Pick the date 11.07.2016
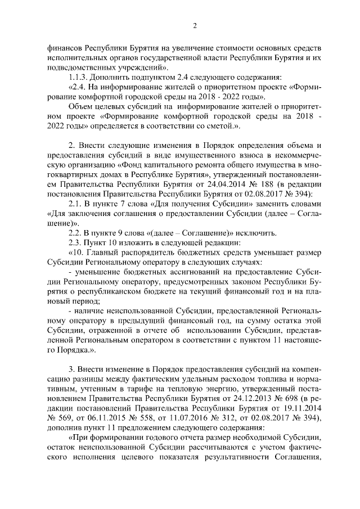point(191,420)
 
